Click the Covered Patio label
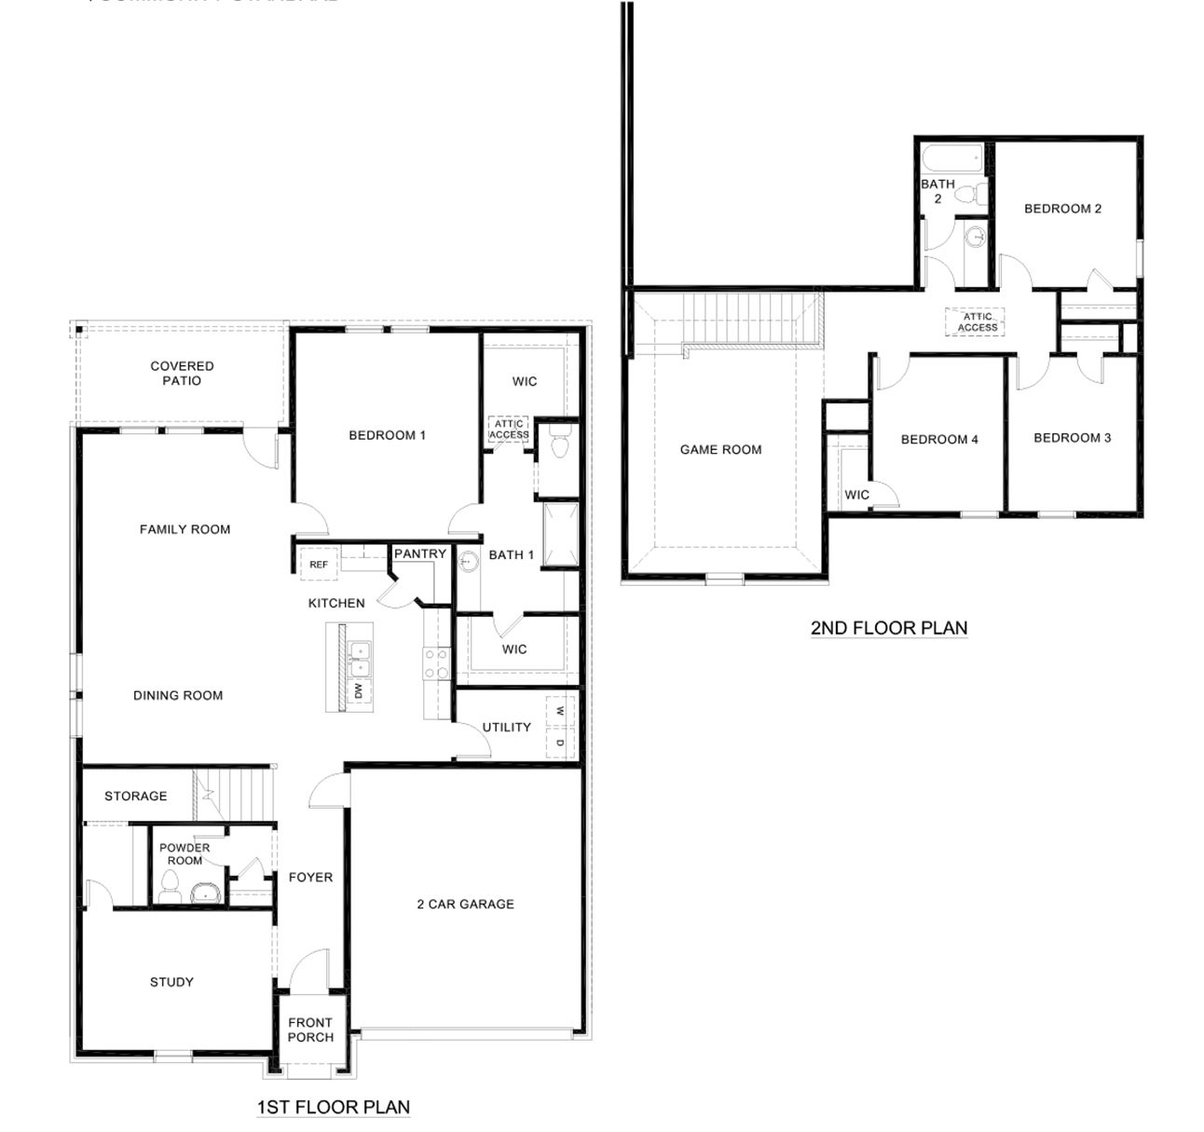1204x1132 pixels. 182,374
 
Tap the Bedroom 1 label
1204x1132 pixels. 387,435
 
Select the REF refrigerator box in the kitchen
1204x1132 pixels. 318,565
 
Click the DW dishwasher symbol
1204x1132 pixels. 358,690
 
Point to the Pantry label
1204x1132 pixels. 419,554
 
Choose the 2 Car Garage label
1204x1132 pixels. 465,904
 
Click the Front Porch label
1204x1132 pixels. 310,1030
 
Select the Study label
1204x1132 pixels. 171,982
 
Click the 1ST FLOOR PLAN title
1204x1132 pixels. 333,1107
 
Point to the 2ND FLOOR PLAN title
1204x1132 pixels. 888,628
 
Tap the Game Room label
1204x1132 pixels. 720,450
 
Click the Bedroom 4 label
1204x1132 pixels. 939,440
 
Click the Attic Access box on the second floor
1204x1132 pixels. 978,322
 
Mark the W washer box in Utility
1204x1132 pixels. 560,711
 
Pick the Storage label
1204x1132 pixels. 136,797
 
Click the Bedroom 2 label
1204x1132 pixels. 1062,209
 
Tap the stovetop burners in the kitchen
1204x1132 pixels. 435,662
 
